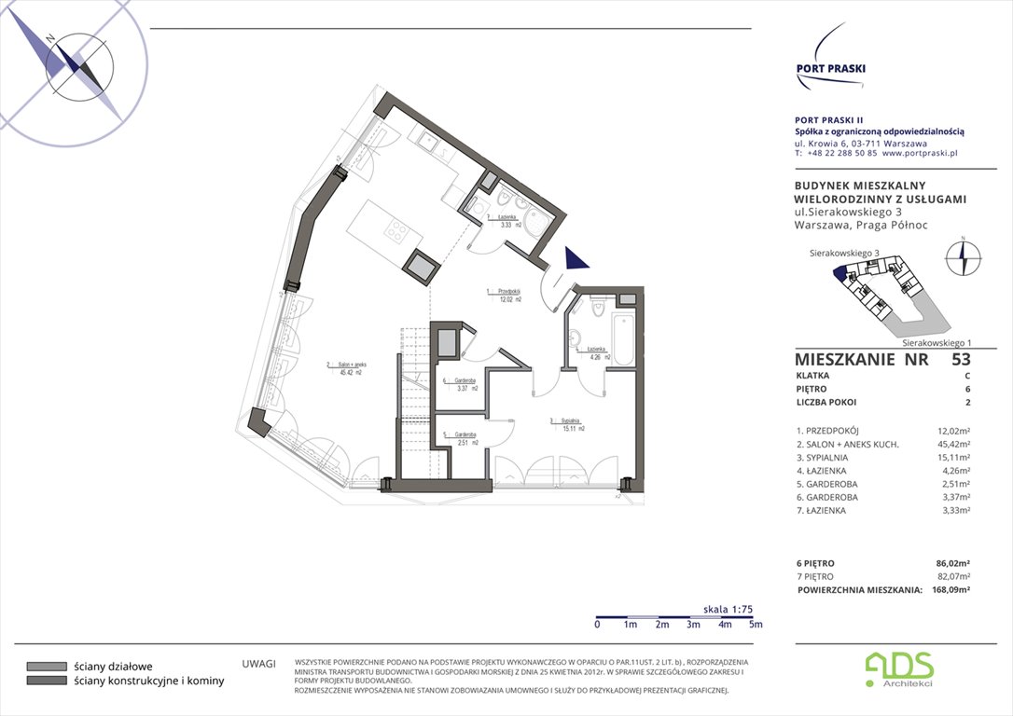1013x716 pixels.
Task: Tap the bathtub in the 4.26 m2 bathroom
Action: (624, 339)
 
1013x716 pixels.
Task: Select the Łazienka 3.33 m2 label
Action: (508, 220)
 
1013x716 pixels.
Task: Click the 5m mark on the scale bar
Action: (756, 625)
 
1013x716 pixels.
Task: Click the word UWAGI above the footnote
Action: (258, 664)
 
